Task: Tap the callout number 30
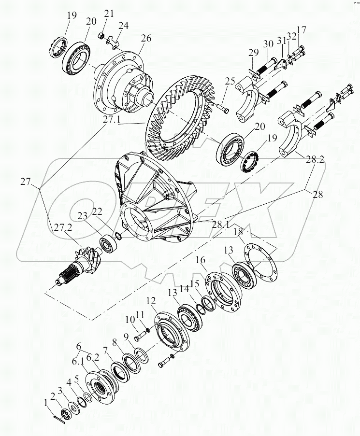point(269,43)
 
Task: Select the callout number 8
point(115,343)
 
